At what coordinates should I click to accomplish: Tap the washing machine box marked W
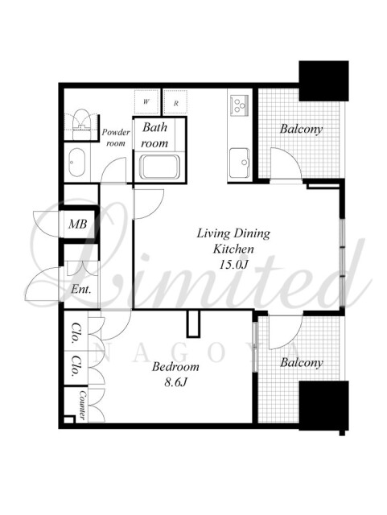click(146, 101)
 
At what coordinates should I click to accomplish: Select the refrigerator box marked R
click(175, 103)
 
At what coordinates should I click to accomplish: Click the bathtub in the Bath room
click(159, 167)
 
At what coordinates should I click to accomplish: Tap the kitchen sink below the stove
click(240, 163)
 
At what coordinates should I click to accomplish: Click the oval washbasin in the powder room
click(77, 163)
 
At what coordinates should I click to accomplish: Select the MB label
click(77, 224)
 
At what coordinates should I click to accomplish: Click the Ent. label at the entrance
click(80, 290)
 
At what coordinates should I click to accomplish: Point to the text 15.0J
click(233, 265)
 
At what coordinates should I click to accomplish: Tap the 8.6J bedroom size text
click(175, 382)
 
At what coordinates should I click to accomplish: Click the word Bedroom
click(175, 366)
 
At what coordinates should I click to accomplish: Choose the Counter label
click(82, 406)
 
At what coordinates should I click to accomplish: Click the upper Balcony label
click(301, 129)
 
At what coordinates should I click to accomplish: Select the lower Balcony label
click(302, 363)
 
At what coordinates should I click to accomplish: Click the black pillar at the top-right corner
click(323, 80)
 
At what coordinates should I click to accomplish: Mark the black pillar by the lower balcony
click(324, 406)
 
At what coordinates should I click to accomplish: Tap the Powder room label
click(116, 138)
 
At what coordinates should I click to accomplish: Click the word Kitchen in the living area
click(233, 249)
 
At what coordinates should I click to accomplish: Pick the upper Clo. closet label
click(76, 333)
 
